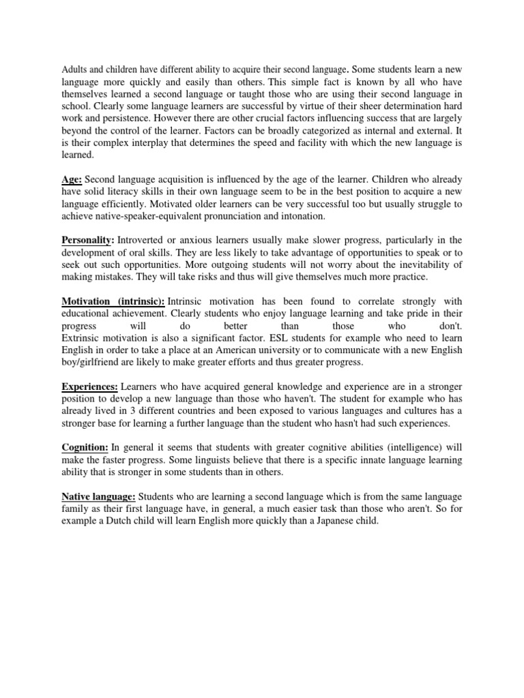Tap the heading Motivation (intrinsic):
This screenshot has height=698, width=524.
point(113,301)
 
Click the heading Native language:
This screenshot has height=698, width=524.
point(98,496)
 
